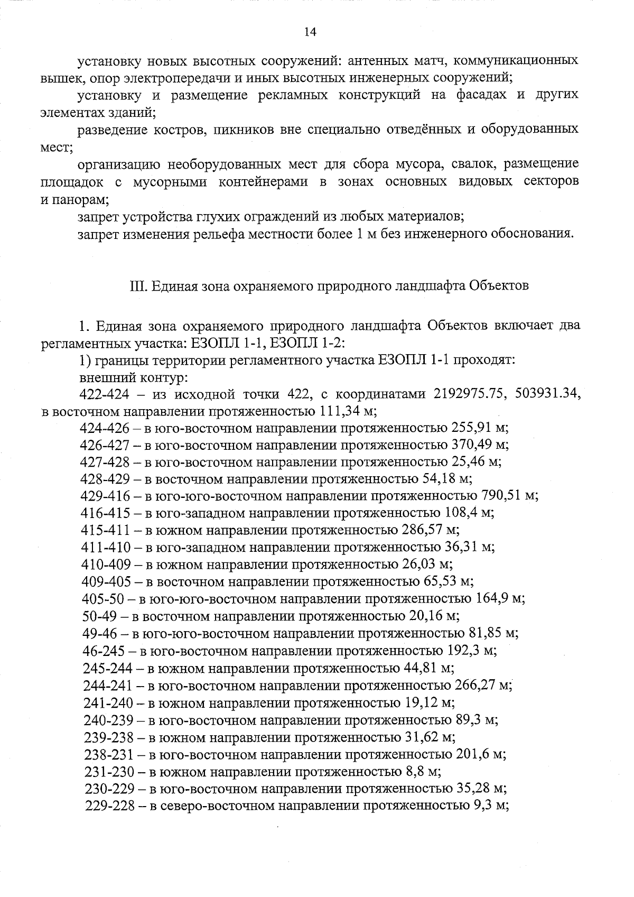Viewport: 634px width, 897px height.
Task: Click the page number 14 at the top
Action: [310, 32]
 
